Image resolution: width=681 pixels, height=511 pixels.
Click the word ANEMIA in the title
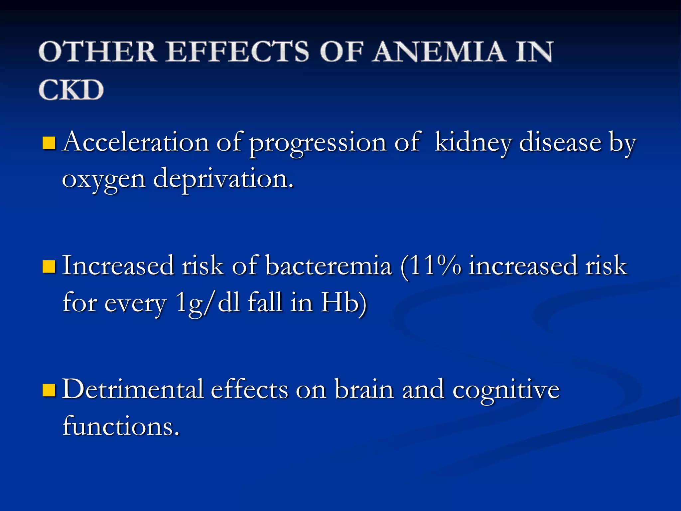tap(439, 52)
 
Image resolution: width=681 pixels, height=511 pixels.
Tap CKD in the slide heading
tap(71, 90)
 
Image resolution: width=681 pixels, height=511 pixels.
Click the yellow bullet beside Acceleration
tap(49, 143)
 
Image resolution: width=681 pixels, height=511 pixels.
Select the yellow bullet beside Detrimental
tap(49, 390)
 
